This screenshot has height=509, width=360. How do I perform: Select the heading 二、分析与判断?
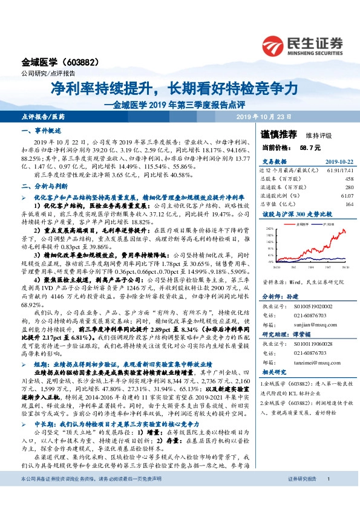[41, 187]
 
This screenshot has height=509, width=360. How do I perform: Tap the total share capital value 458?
[349, 179]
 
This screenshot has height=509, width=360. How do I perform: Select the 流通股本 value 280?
[349, 187]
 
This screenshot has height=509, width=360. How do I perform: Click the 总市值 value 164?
[349, 204]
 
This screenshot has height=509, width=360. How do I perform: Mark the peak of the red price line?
[344, 230]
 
